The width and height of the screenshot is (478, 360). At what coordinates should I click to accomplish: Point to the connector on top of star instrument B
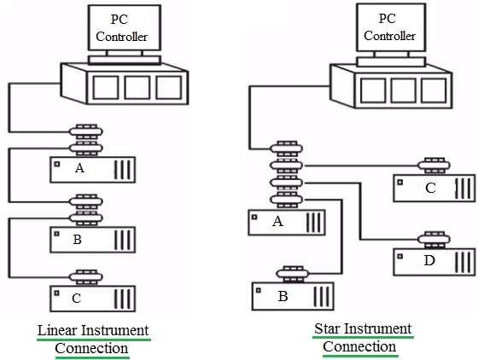tap(294, 274)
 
